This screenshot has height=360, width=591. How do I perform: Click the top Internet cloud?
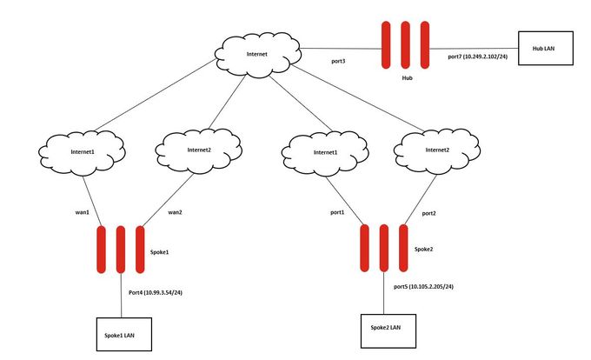click(257, 54)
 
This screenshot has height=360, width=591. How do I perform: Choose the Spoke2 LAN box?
click(386, 328)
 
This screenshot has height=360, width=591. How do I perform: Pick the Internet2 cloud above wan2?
click(199, 149)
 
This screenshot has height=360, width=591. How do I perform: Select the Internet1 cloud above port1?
click(321, 153)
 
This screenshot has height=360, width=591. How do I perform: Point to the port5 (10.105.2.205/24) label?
click(423, 286)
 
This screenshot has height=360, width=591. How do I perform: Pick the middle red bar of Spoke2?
click(384, 249)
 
